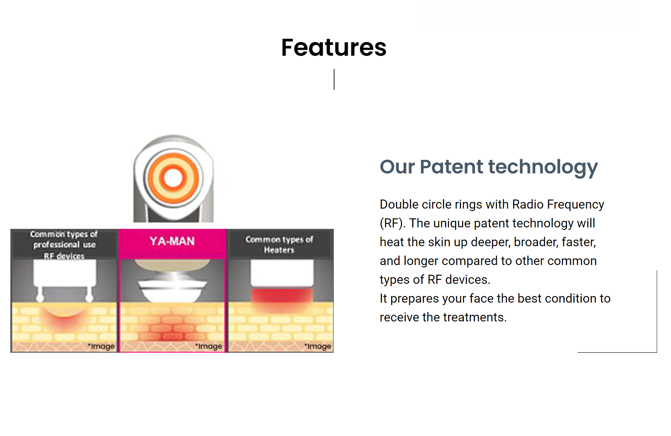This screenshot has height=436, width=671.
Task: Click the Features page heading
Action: pyautogui.click(x=334, y=47)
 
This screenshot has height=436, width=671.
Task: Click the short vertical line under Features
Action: pyautogui.click(x=334, y=79)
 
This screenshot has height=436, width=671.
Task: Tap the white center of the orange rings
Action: pyautogui.click(x=173, y=178)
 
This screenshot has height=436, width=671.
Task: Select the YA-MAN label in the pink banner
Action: pyautogui.click(x=172, y=241)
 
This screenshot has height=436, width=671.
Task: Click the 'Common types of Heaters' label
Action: pyautogui.click(x=279, y=244)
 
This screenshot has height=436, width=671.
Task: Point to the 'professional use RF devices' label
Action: pyautogui.click(x=64, y=250)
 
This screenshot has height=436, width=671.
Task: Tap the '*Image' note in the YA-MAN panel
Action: pyautogui.click(x=209, y=346)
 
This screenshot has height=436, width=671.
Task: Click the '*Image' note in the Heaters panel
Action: pyautogui.click(x=318, y=346)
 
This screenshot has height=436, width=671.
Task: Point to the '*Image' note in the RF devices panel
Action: pyautogui.click(x=101, y=346)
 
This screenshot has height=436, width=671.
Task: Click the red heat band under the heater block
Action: pyautogui.click(x=282, y=296)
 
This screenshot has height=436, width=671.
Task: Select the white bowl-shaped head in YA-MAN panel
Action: pyautogui.click(x=173, y=290)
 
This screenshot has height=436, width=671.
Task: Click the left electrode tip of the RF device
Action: pyautogui.click(x=40, y=297)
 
